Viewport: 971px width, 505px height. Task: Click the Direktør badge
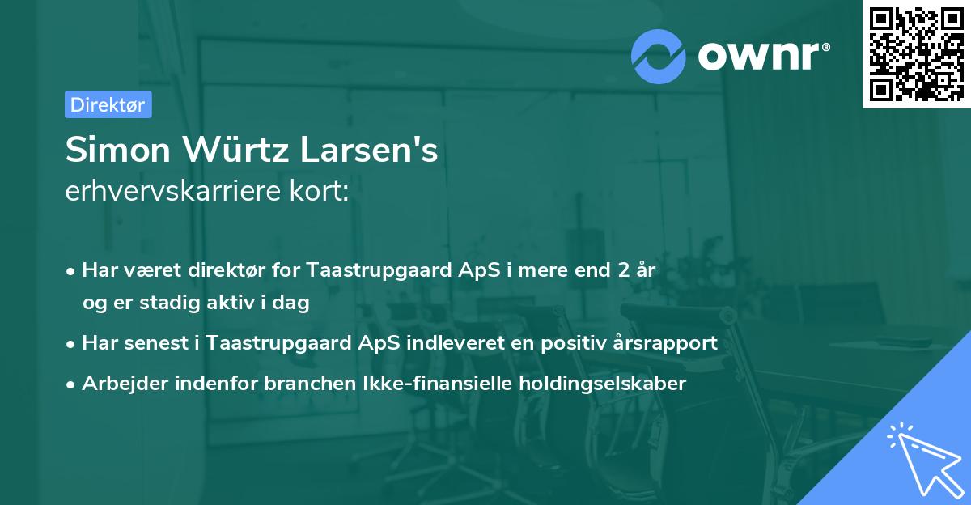pos(108,104)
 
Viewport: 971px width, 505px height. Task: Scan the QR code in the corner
pos(916,53)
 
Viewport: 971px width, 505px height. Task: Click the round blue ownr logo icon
pos(658,54)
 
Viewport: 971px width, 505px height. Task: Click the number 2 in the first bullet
pos(623,270)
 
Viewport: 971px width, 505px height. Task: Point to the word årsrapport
pos(670,343)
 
